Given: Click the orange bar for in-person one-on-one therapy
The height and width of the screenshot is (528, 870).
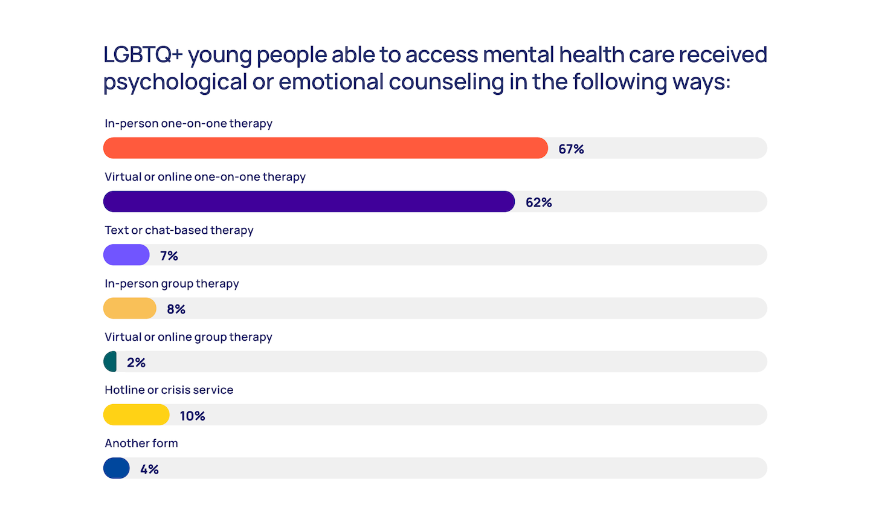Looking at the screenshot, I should (x=325, y=148).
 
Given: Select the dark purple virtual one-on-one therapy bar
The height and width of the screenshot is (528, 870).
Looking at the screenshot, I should (x=309, y=202).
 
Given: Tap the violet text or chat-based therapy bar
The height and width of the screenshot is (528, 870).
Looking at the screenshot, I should (x=126, y=255).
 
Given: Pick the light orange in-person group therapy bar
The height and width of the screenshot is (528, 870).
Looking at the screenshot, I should (x=130, y=308).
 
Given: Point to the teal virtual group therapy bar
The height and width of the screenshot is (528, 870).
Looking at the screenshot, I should (x=111, y=361).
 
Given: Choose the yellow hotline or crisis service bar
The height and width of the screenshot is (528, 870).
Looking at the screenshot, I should (x=137, y=415).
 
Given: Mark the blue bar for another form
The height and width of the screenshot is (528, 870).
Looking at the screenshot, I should (x=117, y=468).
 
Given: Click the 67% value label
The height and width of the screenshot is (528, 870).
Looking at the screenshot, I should (x=571, y=149).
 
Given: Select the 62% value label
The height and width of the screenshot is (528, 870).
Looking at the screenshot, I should (x=538, y=202).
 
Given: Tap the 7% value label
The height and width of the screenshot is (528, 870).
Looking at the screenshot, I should (x=169, y=256).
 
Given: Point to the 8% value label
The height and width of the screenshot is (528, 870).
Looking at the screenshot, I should (x=176, y=309).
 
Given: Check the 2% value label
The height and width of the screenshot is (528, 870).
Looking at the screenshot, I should (x=136, y=362).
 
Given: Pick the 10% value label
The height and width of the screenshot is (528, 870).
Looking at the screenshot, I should (x=192, y=416).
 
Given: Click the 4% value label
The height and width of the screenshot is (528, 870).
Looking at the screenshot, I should (x=149, y=469).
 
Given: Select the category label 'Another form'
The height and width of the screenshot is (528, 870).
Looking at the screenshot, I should (x=141, y=443).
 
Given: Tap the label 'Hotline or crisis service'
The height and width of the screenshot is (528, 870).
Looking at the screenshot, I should (x=169, y=390).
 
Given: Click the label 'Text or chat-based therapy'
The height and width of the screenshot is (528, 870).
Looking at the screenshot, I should (x=179, y=230).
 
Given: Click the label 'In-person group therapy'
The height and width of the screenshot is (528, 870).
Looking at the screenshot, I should (x=172, y=284).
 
